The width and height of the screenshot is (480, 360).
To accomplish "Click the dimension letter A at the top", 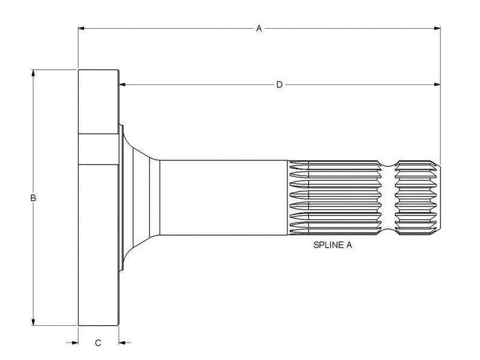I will (259, 28).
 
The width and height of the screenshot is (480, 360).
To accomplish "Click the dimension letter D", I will (279, 85).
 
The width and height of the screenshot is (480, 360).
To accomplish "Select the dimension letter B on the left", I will (34, 197).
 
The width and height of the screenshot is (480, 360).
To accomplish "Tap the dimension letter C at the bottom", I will (98, 343).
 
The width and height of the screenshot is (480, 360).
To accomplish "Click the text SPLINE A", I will (333, 245).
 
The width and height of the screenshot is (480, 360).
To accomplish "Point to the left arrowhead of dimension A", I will (82, 28).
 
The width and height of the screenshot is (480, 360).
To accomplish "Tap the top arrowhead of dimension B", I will (34, 73).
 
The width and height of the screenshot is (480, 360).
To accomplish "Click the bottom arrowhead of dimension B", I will (34, 322).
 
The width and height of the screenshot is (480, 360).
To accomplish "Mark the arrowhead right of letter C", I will (122, 343).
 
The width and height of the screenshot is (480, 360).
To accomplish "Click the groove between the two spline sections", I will (390, 197).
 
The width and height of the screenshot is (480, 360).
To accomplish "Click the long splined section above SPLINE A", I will (333, 197).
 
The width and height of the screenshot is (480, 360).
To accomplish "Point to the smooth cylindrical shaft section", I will (222, 197).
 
